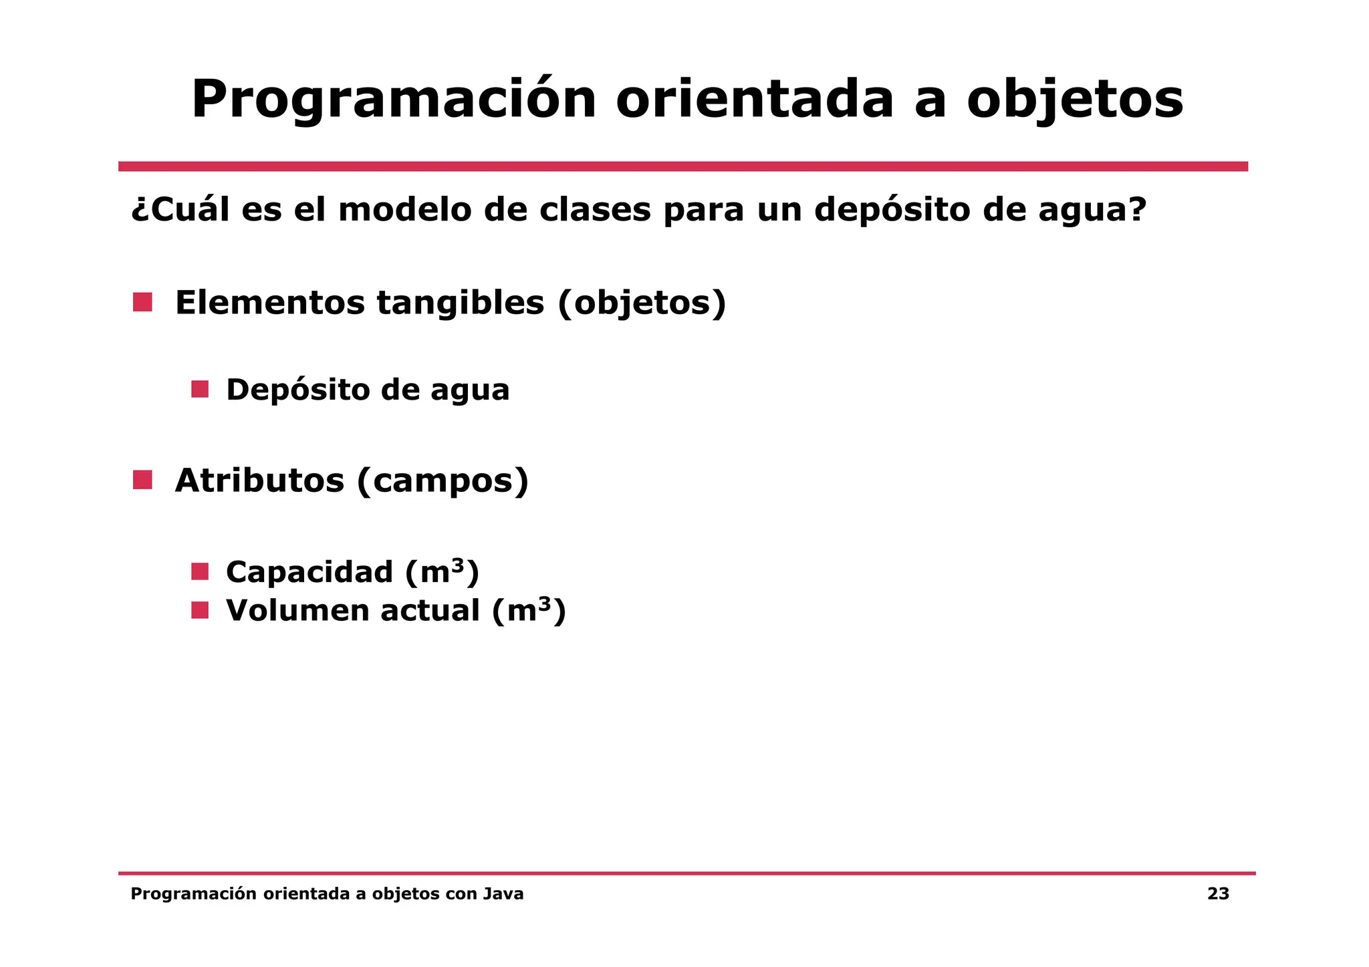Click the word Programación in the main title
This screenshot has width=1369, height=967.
(x=393, y=100)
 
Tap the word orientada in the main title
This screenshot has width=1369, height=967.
(x=754, y=100)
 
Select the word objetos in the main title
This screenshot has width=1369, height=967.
(x=1075, y=100)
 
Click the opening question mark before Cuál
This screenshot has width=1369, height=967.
(x=139, y=211)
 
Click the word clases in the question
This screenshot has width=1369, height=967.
(x=595, y=209)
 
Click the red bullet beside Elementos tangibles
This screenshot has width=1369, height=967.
(x=142, y=302)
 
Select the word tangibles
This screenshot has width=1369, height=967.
(x=461, y=303)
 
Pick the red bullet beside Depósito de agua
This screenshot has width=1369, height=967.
(x=200, y=389)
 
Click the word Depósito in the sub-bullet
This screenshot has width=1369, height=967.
(x=297, y=390)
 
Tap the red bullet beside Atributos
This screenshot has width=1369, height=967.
(x=142, y=480)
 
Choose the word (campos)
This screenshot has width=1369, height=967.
(x=443, y=481)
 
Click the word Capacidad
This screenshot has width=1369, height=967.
(x=309, y=572)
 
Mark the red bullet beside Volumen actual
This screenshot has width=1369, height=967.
(x=200, y=610)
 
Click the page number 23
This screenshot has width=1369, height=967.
(x=1218, y=894)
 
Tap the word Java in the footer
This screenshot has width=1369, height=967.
(x=503, y=894)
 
